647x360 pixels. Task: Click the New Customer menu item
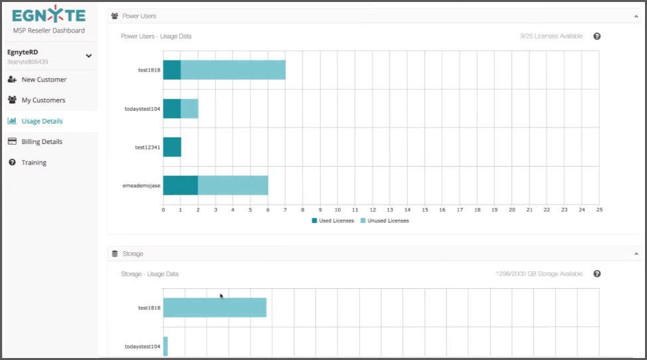pyautogui.click(x=44, y=80)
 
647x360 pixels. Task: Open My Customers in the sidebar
pyautogui.click(x=43, y=100)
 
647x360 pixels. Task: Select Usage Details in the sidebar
pyautogui.click(x=42, y=121)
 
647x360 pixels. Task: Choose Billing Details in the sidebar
pyautogui.click(x=42, y=141)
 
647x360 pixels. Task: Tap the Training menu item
pyautogui.click(x=34, y=163)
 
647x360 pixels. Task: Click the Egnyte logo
pyautogui.click(x=48, y=15)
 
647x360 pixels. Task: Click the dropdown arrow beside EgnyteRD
pyautogui.click(x=89, y=56)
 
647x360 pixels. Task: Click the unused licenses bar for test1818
pyautogui.click(x=232, y=70)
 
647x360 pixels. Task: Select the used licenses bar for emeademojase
pyautogui.click(x=180, y=185)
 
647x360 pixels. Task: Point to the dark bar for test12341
pyautogui.click(x=172, y=147)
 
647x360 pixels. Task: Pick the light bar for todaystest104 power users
pyautogui.click(x=189, y=108)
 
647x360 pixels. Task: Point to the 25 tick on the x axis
pyautogui.click(x=599, y=210)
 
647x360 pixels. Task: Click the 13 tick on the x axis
pyautogui.click(x=390, y=210)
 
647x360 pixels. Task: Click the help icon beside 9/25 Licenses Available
pyautogui.click(x=597, y=37)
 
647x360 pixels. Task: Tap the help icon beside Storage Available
pyautogui.click(x=597, y=274)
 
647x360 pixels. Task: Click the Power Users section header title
pyautogui.click(x=139, y=16)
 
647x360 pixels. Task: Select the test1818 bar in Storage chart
pyautogui.click(x=215, y=308)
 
